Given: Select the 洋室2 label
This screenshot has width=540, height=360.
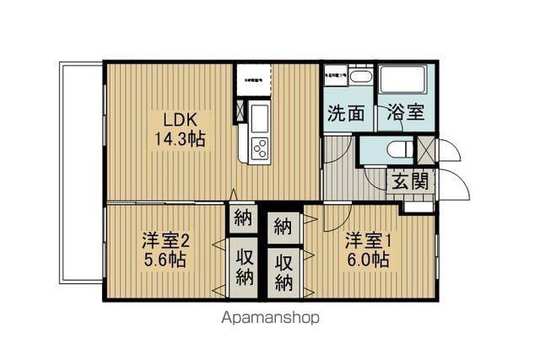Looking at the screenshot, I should click(x=165, y=240).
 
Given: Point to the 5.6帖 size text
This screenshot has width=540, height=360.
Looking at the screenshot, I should click(x=165, y=260).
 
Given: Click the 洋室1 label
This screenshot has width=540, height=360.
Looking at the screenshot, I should click(x=366, y=240).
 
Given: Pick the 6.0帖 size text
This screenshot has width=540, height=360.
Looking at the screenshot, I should click(x=366, y=260).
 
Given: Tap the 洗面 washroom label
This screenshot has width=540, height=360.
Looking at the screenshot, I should click(x=346, y=113).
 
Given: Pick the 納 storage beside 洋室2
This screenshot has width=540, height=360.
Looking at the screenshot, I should click(x=243, y=218).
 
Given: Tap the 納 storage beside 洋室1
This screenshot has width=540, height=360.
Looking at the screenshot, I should click(x=283, y=226).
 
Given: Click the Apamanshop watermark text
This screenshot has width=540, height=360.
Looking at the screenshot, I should click(x=270, y=319).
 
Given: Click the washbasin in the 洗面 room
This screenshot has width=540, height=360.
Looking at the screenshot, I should click(x=361, y=77).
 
